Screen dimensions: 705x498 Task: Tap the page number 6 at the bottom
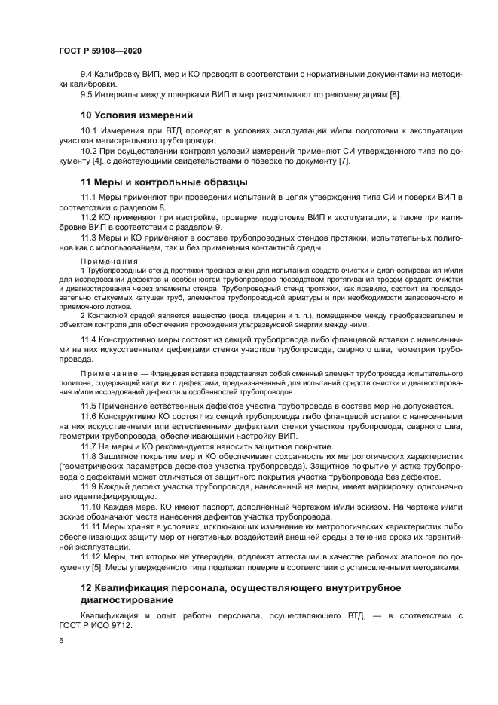(x=60, y=640)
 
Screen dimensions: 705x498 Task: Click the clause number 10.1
(x=89, y=132)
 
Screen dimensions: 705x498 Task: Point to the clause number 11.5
(x=89, y=406)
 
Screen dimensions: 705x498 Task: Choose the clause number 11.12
(x=91, y=557)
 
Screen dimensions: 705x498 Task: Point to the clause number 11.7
(x=89, y=446)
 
